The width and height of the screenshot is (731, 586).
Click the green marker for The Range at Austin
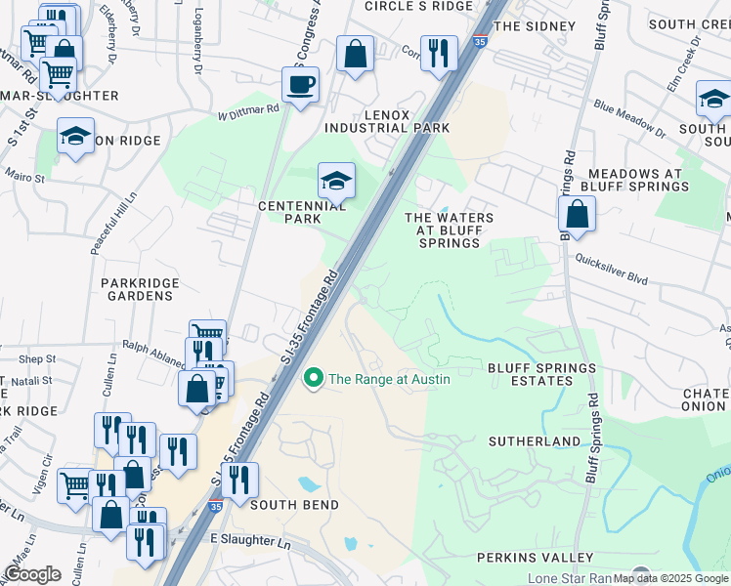click(x=314, y=378)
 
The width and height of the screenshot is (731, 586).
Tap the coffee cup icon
click(x=301, y=83)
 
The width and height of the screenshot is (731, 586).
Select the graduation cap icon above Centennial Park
click(x=336, y=181)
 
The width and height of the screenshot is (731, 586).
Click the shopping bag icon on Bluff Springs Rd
click(x=578, y=213)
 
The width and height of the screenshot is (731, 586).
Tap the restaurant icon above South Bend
click(x=238, y=480)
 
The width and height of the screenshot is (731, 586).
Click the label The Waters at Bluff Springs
click(x=449, y=230)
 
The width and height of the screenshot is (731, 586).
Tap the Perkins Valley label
click(x=535, y=558)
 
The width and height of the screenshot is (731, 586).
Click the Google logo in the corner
click(x=32, y=574)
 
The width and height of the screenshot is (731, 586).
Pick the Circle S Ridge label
click(x=418, y=6)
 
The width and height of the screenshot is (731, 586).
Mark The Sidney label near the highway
click(x=529, y=26)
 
